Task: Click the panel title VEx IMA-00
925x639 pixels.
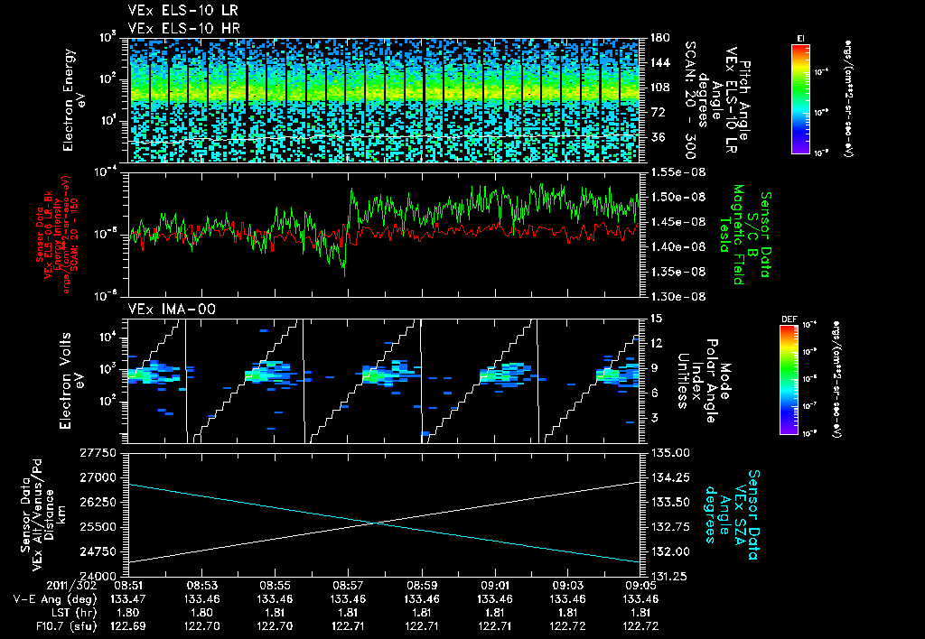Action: click(163, 309)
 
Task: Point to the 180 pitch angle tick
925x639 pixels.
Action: click(657, 38)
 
